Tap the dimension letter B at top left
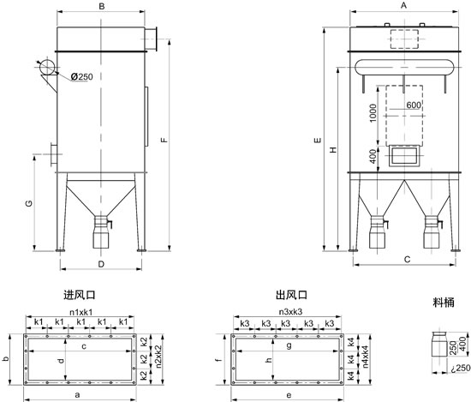[102, 7]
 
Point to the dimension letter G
[29, 204]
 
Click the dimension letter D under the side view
[101, 264]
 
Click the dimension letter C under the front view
[407, 257]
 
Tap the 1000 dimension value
[372, 114]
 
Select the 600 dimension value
[414, 105]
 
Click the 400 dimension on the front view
[372, 156]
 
